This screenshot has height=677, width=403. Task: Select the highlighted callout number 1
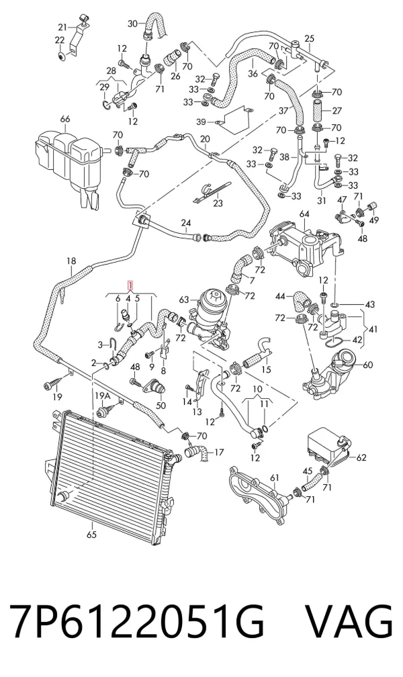coord(130,285)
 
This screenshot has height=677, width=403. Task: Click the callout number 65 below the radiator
coord(91,535)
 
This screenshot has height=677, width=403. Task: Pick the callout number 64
coord(304,214)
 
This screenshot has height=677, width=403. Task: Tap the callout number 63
coord(185,300)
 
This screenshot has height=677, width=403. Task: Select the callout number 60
coord(367,365)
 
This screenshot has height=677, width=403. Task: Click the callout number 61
coord(275,478)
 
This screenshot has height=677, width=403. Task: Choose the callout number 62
coord(361,457)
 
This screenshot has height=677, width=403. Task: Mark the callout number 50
coord(161,406)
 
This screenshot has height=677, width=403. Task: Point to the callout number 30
coord(133,23)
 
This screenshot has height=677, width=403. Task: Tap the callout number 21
coord(62,28)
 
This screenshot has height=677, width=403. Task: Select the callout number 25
coord(309,39)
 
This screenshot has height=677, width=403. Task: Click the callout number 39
coord(201,122)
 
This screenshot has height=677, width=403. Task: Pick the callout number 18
coord(71,261)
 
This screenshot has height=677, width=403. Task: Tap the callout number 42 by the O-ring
coord(357,340)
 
